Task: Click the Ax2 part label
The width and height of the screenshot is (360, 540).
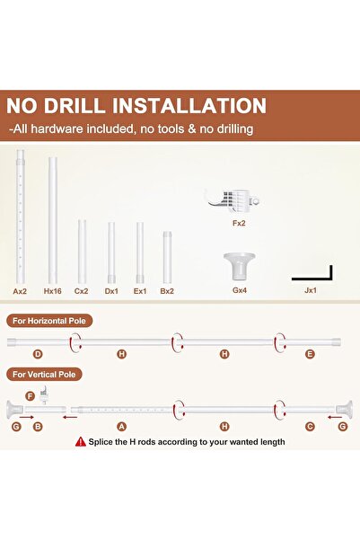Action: click(20, 291)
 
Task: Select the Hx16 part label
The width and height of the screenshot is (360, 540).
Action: click(53, 291)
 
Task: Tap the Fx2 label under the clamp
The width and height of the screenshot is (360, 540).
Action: click(239, 223)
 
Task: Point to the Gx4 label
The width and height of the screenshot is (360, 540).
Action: click(240, 290)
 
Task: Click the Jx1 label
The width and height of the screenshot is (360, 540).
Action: click(311, 290)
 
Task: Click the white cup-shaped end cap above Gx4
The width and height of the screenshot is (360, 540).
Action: click(239, 266)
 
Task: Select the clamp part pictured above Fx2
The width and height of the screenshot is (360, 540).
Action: click(233, 200)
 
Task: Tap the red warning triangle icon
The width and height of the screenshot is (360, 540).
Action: click(81, 441)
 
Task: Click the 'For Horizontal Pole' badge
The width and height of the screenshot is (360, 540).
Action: click(49, 321)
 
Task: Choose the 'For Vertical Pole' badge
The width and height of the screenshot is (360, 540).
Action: click(44, 375)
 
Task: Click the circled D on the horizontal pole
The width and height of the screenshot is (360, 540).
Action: click(38, 354)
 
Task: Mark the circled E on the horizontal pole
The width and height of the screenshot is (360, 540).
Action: click(310, 354)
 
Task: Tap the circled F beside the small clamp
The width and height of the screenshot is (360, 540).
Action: click(31, 396)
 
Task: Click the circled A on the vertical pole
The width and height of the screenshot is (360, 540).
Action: click(121, 427)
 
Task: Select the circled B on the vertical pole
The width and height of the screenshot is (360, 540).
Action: click(38, 427)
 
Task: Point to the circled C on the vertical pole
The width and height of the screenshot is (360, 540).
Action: click(310, 427)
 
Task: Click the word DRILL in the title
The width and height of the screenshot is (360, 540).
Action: click(74, 105)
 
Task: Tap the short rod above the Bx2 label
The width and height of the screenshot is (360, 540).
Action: click(167, 257)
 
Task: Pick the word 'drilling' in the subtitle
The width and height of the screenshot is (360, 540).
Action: click(235, 128)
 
